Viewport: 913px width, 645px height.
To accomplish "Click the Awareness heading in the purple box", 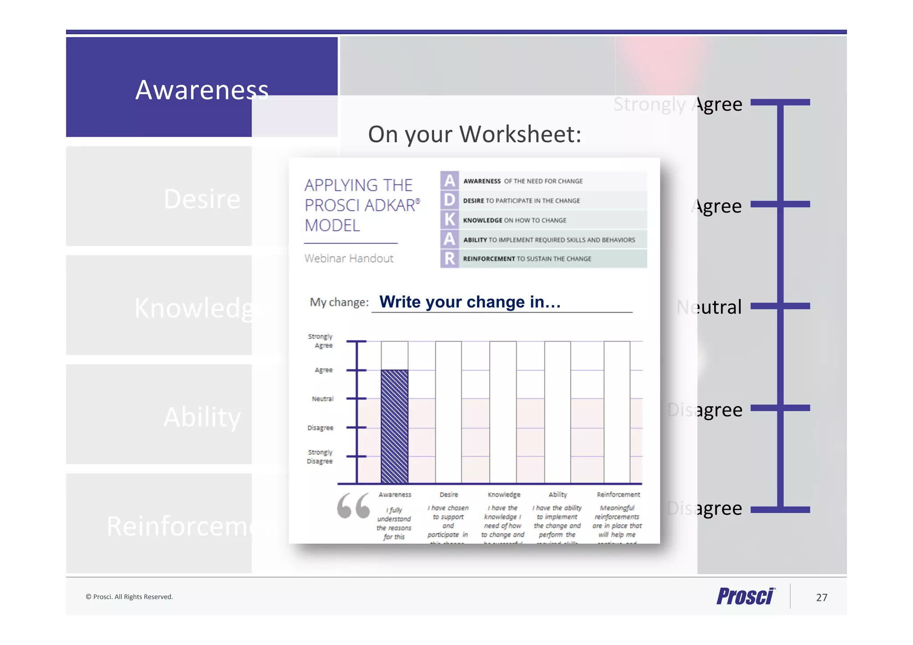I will click(x=202, y=90).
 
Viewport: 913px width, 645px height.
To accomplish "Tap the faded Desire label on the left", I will click(x=202, y=199).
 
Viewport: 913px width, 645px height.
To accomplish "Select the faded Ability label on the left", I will click(x=202, y=417).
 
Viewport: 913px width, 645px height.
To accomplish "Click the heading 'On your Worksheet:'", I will click(x=474, y=134).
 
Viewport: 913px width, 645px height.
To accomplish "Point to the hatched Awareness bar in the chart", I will click(x=394, y=427).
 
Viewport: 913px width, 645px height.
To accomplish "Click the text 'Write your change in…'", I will click(x=470, y=302).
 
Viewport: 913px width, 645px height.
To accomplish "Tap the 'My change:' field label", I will click(x=339, y=302).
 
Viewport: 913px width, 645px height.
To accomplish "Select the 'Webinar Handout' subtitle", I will click(x=349, y=259).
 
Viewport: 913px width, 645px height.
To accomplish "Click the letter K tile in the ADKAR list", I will click(x=449, y=220).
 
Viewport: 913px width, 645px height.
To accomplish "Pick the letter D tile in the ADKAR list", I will click(x=449, y=200).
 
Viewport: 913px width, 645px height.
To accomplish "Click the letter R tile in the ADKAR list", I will click(x=449, y=259).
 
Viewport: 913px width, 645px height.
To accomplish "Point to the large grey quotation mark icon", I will click(x=354, y=505).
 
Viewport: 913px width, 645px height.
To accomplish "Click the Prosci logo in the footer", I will click(x=746, y=596).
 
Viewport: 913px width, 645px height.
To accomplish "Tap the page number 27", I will click(x=822, y=598).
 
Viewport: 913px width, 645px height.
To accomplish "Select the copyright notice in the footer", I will click(x=129, y=597).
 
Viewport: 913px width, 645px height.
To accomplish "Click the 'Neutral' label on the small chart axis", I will click(x=322, y=399).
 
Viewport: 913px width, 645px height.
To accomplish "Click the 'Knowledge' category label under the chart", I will click(x=504, y=495).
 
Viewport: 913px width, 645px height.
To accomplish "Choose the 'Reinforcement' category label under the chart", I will click(x=618, y=495).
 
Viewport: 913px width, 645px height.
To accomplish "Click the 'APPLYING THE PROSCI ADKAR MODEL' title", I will click(x=362, y=205).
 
